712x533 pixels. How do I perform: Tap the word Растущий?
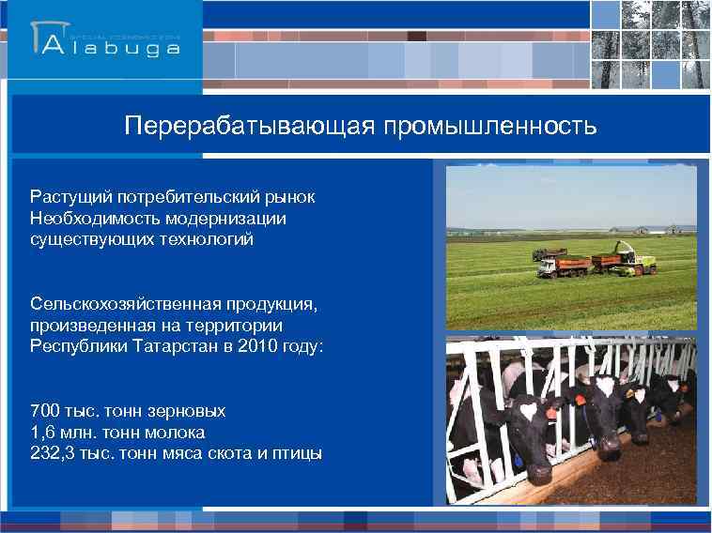(x=70, y=198)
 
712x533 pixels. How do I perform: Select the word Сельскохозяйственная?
(x=123, y=305)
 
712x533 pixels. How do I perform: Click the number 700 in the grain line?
(x=44, y=412)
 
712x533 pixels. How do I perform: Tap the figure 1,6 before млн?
(x=42, y=433)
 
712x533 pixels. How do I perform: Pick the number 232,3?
(x=52, y=453)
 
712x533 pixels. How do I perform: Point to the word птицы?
(x=297, y=453)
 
